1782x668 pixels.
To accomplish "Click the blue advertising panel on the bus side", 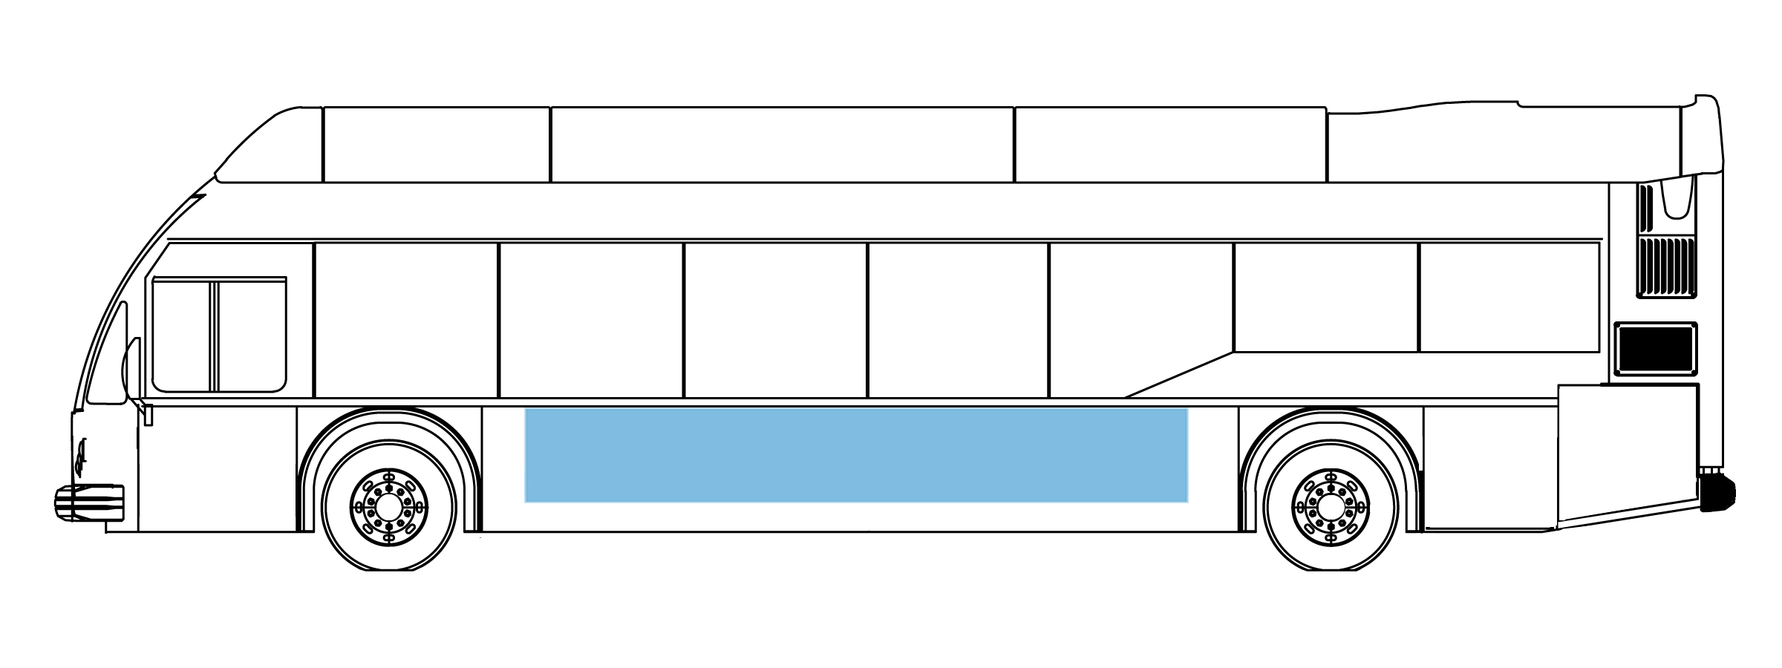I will pyautogui.click(x=855, y=455).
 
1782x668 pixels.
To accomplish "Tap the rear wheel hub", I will pyautogui.click(x=1330, y=507).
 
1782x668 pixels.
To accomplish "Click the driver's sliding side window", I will pyautogui.click(x=219, y=334).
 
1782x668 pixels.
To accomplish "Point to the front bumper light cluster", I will pyautogui.click(x=89, y=502).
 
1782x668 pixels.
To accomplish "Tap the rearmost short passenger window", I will pyautogui.click(x=1509, y=297).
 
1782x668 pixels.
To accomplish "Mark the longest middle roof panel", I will pyautogui.click(x=782, y=144).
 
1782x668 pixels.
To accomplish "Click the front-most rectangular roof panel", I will pyautogui.click(x=437, y=144).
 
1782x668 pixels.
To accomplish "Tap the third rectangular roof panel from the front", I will pyautogui.click(x=1170, y=144).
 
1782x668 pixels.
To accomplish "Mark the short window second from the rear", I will pyautogui.click(x=1325, y=297).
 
